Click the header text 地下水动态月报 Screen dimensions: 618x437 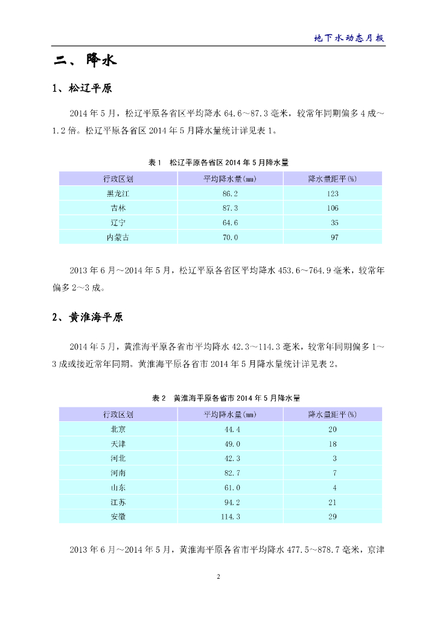tap(349, 37)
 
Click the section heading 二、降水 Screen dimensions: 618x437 tap(84, 60)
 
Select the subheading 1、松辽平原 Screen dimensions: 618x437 tap(82, 89)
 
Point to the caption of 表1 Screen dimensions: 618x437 tap(218, 162)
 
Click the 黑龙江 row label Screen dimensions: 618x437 tap(118, 194)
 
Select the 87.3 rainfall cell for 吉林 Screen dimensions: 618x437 tap(231, 208)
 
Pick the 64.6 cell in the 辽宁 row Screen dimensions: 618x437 tap(231, 223)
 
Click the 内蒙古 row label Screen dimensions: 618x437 tap(118, 237)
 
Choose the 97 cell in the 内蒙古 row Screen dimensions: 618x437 tap(334, 237)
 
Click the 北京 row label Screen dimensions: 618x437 tap(118, 429)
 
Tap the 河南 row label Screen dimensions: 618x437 tap(118, 473)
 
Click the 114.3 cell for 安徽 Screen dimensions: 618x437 tap(231, 517)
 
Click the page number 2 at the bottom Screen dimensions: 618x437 tap(218, 577)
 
